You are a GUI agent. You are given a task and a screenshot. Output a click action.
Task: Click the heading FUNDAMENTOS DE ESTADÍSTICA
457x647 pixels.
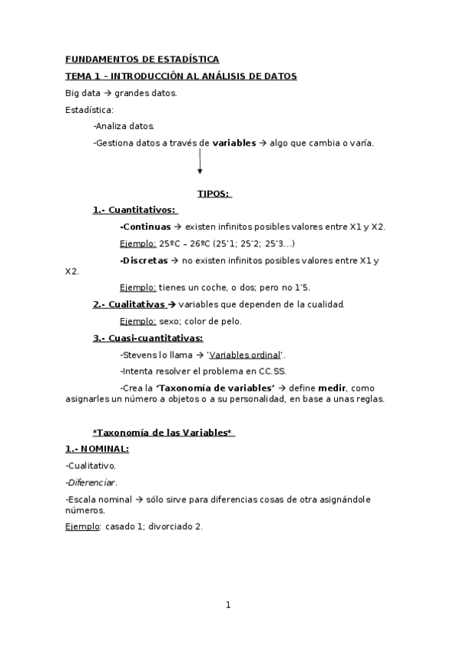(x=142, y=59)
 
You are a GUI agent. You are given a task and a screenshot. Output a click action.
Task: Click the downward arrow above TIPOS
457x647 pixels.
(x=200, y=162)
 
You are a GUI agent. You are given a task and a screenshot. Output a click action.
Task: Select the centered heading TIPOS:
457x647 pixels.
(x=214, y=194)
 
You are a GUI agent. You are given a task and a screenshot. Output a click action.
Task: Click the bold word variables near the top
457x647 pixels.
(x=234, y=143)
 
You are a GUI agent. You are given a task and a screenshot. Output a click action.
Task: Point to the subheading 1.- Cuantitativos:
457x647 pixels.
(x=134, y=210)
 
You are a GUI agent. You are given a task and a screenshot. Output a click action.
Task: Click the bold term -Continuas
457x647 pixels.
(x=145, y=227)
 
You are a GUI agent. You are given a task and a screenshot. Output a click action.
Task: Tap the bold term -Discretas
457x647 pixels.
(x=144, y=260)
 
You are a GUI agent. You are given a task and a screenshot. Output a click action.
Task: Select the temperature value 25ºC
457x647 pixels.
(x=171, y=243)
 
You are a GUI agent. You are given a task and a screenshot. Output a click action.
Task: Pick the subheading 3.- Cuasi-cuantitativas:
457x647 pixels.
(x=148, y=338)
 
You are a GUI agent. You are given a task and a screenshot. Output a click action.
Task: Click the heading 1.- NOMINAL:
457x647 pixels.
(x=97, y=449)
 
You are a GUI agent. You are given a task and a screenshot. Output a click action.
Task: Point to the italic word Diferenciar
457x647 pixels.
(x=92, y=482)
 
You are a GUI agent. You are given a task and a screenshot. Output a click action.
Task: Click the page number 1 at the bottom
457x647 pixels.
(x=227, y=605)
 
